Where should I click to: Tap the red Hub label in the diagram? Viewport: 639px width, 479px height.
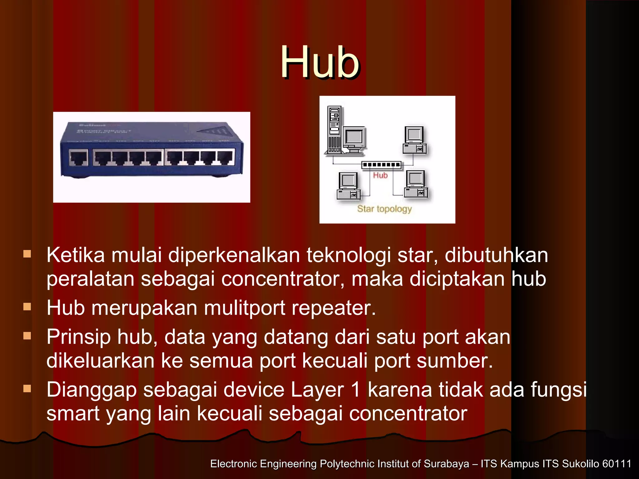380,176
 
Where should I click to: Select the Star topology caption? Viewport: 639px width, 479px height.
384,209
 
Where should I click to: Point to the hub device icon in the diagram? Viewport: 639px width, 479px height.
381,165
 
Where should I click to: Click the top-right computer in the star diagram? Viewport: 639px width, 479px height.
415,140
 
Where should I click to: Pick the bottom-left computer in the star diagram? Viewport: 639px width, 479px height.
349,186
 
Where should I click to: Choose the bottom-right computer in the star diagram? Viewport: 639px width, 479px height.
416,184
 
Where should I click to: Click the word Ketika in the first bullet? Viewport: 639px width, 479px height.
76,255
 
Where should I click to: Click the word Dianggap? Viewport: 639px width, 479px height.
91,390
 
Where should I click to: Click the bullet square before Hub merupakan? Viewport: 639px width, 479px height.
27,307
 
